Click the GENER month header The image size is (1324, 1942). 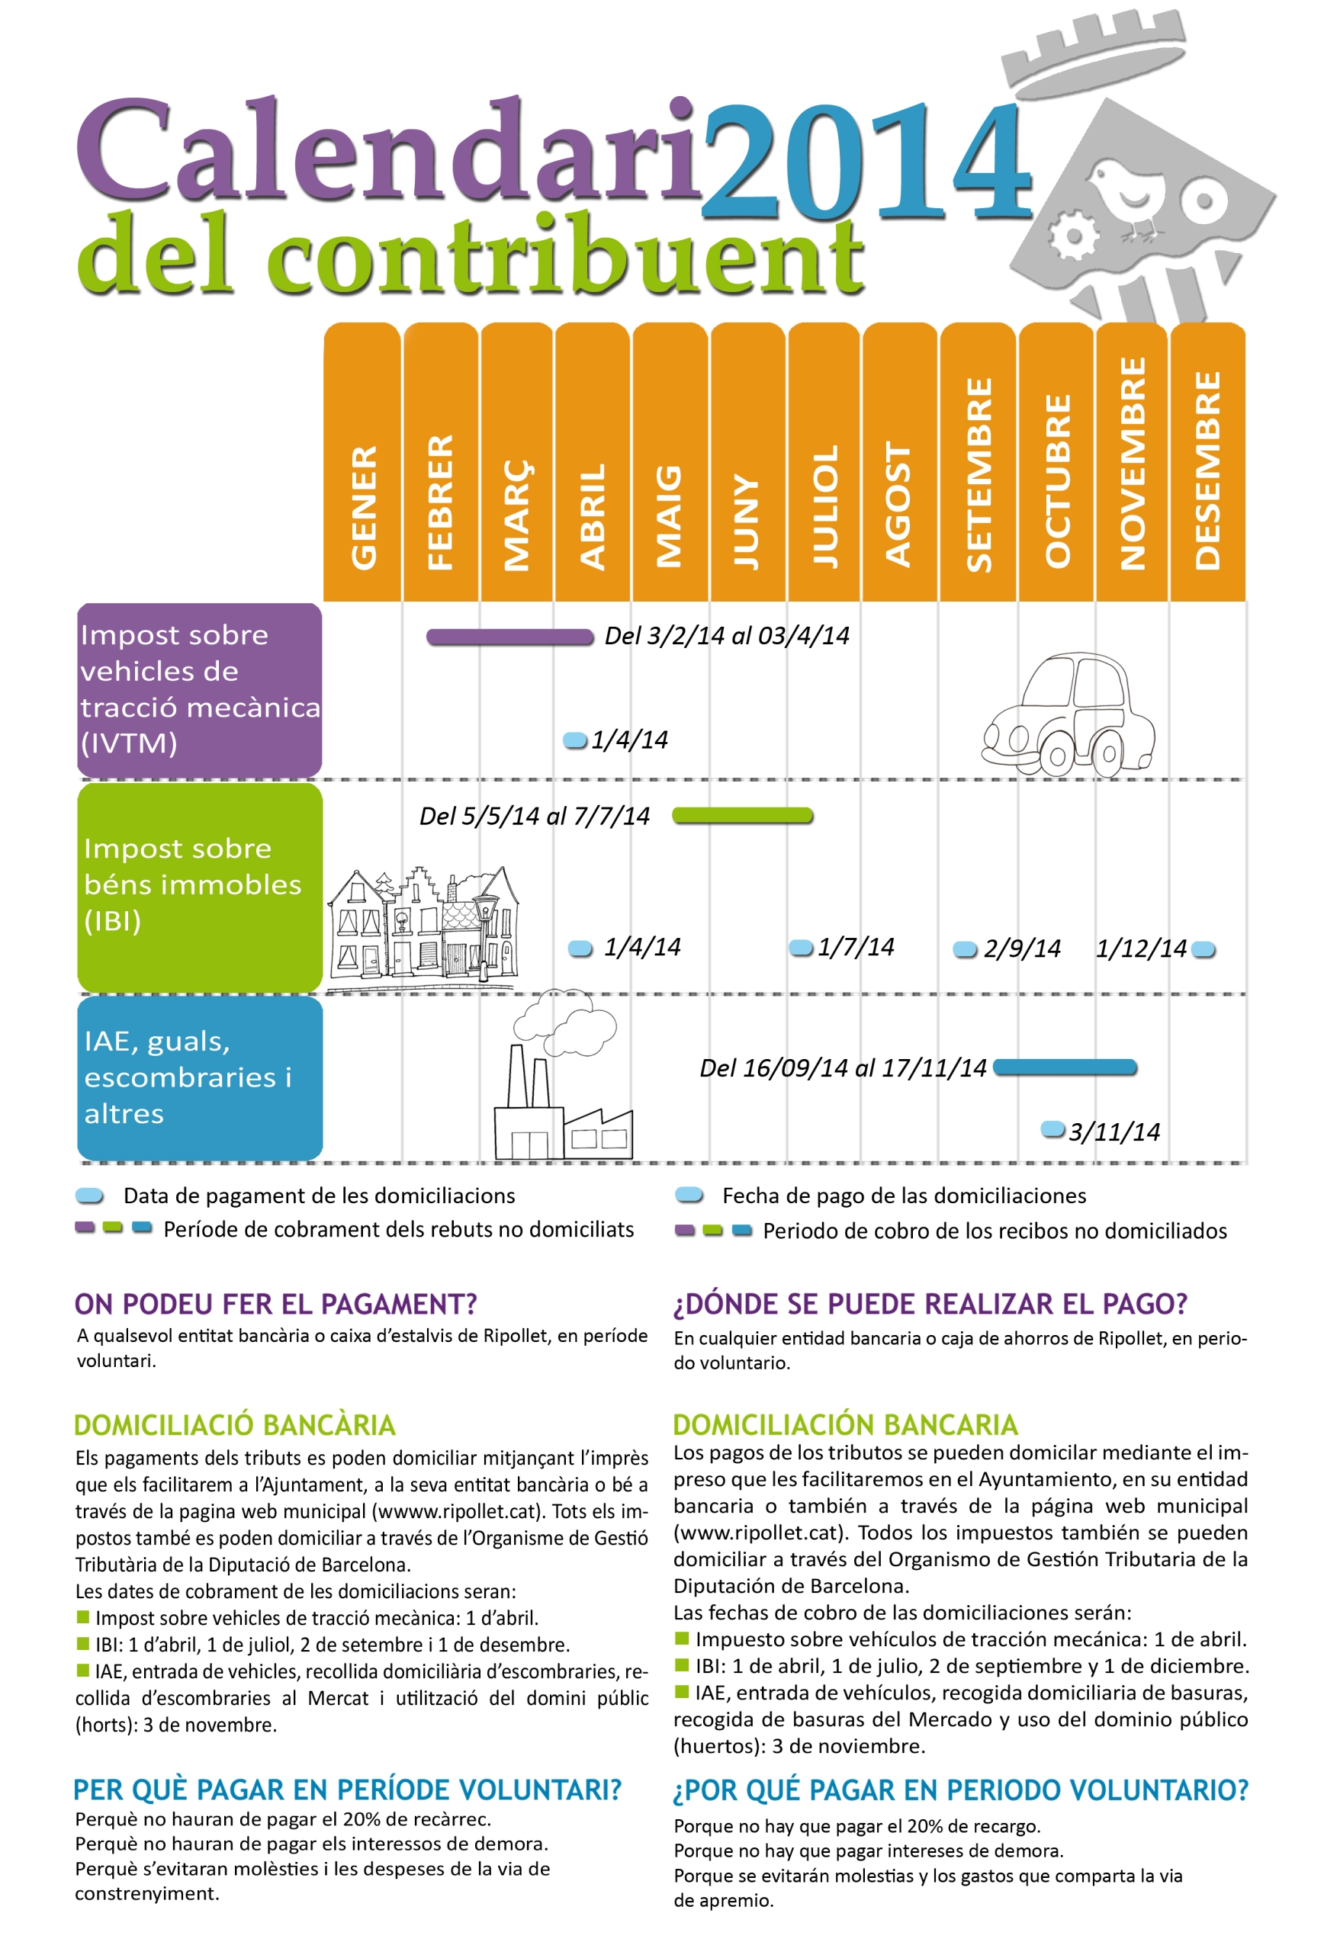[362, 463]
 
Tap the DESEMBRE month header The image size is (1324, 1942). [1207, 463]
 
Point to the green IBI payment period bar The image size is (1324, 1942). [742, 816]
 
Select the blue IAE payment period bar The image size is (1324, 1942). [1065, 1067]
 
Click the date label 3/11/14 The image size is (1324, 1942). [1114, 1132]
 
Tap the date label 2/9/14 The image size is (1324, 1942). [1021, 949]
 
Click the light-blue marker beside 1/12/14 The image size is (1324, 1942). [1203, 949]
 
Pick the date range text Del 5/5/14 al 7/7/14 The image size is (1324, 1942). [534, 817]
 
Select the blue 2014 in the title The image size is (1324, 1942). [865, 163]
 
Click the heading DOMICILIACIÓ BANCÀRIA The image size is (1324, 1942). [235, 1426]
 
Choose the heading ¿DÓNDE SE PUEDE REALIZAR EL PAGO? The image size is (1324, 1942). [930, 1305]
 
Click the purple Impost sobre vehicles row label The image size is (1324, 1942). [200, 689]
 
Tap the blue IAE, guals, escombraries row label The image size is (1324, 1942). [200, 1078]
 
